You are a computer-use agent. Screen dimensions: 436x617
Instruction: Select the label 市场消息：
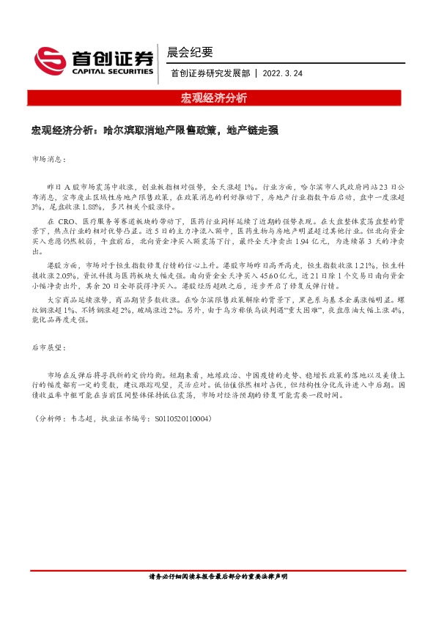pos(49,158)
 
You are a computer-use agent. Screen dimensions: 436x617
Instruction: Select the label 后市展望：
pos(49,350)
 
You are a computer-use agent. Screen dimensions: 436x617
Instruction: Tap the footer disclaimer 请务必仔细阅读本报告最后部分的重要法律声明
pos(218,577)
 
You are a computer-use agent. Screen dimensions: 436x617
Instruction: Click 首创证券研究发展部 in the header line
pos(210,73)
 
